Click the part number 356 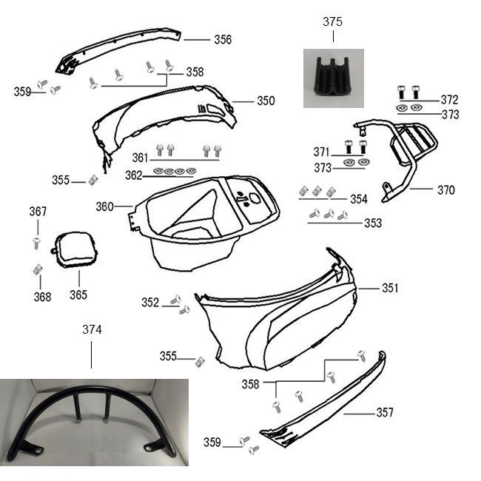[x=223, y=40]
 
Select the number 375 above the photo [x=333, y=22]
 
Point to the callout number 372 [x=449, y=100]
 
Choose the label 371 [x=322, y=152]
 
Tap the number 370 [x=445, y=190]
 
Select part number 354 [x=359, y=199]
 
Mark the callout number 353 [x=373, y=223]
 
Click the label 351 [x=390, y=289]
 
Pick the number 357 [x=385, y=413]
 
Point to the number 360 [x=104, y=207]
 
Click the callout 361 [x=141, y=158]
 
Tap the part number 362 [x=134, y=175]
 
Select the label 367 [x=38, y=212]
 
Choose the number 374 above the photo [x=92, y=329]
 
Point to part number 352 [x=150, y=303]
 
